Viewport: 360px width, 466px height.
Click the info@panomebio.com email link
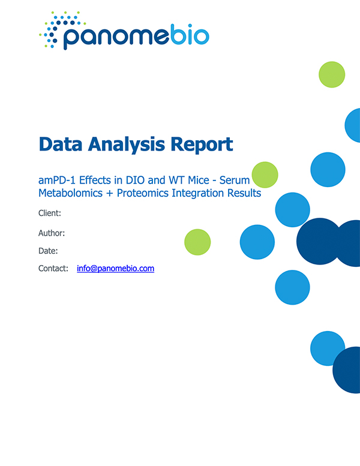(115, 269)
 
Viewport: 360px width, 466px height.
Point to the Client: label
(50, 214)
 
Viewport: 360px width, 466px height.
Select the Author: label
(52, 233)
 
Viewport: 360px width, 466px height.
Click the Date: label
(48, 251)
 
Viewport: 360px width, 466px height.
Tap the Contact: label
(53, 269)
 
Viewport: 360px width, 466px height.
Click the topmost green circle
(332, 74)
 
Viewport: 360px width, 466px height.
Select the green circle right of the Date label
(197, 242)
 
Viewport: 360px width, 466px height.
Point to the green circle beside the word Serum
(265, 175)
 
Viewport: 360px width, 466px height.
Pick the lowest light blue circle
(328, 348)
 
